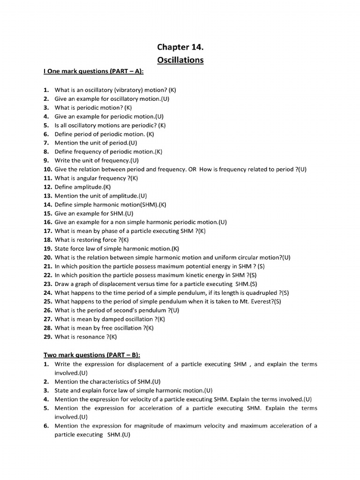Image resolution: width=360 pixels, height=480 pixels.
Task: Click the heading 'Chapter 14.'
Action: point(180,47)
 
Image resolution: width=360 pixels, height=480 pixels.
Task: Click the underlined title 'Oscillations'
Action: point(180,60)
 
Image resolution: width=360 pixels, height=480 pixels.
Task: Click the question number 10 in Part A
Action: point(47,169)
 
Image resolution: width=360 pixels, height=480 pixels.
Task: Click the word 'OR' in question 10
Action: point(193,169)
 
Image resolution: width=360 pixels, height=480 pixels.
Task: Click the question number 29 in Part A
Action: point(47,337)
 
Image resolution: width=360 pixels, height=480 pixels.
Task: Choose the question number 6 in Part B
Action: point(46,426)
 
